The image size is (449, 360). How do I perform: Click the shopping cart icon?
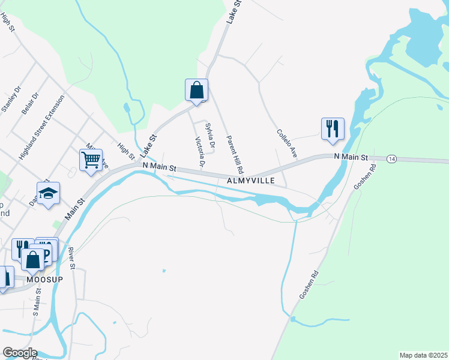(x=91, y=160)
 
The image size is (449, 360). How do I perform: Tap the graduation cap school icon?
(x=49, y=193)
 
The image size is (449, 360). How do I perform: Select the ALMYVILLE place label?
(x=251, y=180)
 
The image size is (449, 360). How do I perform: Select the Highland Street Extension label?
(x=41, y=130)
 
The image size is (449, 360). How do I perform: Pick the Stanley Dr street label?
(x=11, y=99)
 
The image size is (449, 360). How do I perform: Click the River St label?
(x=71, y=257)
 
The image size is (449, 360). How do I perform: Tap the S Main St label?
(x=37, y=302)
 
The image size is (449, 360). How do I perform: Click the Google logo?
(x=20, y=353)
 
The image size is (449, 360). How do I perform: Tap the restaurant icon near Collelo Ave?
(x=333, y=128)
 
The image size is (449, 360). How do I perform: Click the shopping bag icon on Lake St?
(x=196, y=90)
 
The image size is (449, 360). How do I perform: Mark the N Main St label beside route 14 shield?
(x=350, y=157)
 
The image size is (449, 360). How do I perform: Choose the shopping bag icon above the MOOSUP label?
(x=33, y=260)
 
